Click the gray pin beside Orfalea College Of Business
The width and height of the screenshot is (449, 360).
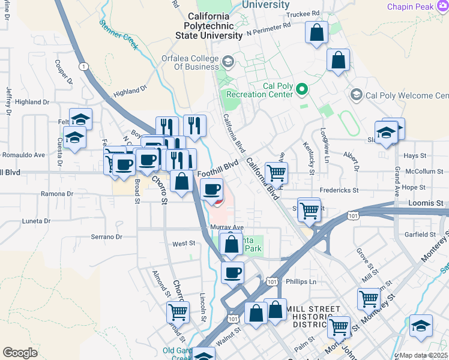[228, 62]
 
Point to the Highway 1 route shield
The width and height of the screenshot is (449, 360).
[83, 66]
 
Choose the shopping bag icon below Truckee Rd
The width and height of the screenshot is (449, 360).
[316, 32]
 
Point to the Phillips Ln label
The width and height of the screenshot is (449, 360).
[301, 281]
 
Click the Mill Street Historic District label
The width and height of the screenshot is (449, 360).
[310, 316]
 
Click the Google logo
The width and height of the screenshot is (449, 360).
[20, 353]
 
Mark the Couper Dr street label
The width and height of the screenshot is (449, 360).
[63, 70]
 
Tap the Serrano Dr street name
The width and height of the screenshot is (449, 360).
[106, 237]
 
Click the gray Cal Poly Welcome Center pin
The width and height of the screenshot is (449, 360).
[357, 95]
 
